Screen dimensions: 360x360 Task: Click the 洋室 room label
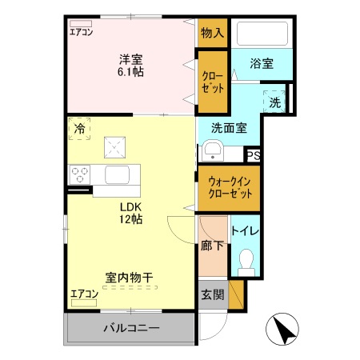[130, 58]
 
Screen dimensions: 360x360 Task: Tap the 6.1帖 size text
[130, 72]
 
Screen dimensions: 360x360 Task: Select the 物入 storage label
[212, 33]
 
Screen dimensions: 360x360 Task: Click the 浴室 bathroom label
[261, 63]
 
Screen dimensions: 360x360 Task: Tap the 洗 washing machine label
[274, 102]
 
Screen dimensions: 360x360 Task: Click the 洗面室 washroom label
[228, 126]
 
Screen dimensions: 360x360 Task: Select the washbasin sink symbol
[213, 150]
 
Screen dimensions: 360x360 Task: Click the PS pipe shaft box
[253, 156]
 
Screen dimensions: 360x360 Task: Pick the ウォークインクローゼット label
[229, 189]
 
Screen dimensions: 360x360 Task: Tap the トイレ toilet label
[245, 231]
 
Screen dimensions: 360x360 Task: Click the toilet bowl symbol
[246, 261]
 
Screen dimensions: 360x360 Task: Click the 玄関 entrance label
[213, 294]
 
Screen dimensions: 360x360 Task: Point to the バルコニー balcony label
[130, 328]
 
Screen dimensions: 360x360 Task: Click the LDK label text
[131, 205]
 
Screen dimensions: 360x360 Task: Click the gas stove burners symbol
[80, 173]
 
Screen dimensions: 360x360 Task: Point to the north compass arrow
[282, 329]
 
